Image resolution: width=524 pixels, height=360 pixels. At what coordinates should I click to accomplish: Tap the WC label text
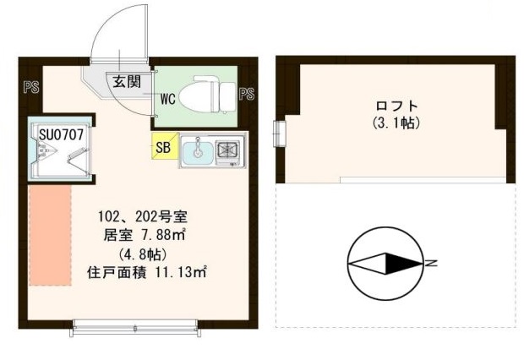point(168,99)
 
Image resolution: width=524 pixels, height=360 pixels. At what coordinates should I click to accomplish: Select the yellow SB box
point(163,147)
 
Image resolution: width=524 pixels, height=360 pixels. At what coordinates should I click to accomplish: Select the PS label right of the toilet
point(247,93)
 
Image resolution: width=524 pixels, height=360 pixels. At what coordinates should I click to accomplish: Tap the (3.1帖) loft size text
point(396,123)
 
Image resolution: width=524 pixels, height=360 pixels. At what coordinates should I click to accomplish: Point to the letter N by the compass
point(431,265)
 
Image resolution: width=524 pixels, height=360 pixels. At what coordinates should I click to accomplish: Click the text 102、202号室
point(136,215)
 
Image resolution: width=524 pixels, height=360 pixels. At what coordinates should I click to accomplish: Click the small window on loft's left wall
point(281,133)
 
